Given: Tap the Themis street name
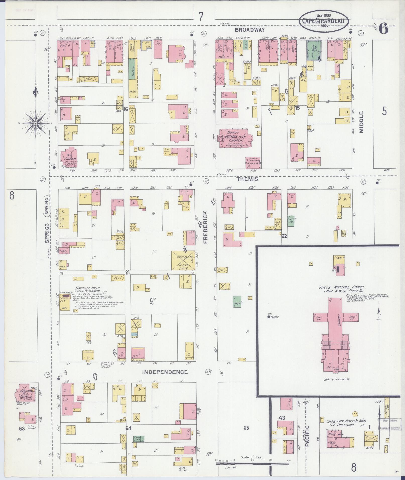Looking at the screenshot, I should coord(247,179).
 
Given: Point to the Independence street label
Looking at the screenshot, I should coord(165,372).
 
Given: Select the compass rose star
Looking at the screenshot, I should coord(35,123).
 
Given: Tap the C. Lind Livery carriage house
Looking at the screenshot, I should coord(183,260).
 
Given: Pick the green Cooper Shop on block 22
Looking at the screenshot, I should coord(291,221).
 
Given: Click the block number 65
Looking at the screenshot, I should coord(246,428).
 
